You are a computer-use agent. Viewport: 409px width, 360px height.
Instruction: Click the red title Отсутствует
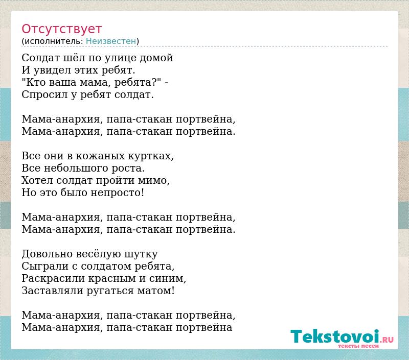[x=61, y=29]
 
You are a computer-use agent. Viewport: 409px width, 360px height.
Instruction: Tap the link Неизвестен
[x=111, y=41]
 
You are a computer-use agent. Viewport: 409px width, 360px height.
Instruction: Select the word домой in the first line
[x=156, y=58]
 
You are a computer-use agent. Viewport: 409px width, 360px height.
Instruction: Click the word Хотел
[x=37, y=180]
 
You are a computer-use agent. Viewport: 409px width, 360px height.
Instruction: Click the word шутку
[x=141, y=254]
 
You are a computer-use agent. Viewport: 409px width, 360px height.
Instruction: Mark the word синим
[x=168, y=279]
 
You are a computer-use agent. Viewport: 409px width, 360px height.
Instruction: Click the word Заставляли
[x=52, y=291]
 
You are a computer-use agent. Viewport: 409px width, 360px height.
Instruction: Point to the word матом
[x=156, y=291]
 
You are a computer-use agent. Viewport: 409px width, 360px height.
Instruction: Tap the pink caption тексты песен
[x=358, y=346]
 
